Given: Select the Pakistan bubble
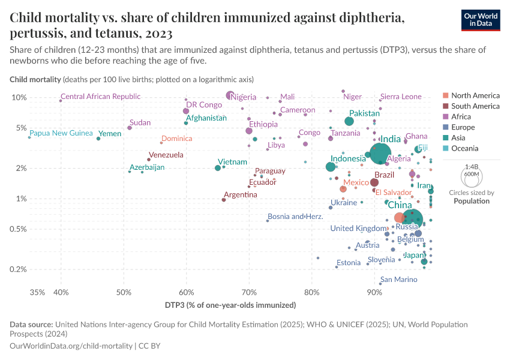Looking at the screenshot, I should [349, 121].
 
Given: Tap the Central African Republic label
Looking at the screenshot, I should [101, 96].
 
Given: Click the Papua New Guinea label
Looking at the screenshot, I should [61, 133].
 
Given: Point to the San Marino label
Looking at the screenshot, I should [398, 280].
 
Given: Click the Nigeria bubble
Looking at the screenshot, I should [230, 95].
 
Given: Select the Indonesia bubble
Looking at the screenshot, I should [331, 167].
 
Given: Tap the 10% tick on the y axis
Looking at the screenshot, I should [20, 97].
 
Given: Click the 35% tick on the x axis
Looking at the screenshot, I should [37, 292].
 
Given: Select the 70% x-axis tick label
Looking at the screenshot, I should [249, 292].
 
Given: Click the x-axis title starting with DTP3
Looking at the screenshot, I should [230, 305].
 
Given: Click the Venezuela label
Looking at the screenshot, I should [166, 155].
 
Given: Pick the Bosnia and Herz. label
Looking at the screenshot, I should [295, 217].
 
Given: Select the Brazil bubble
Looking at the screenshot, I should [374, 182].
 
